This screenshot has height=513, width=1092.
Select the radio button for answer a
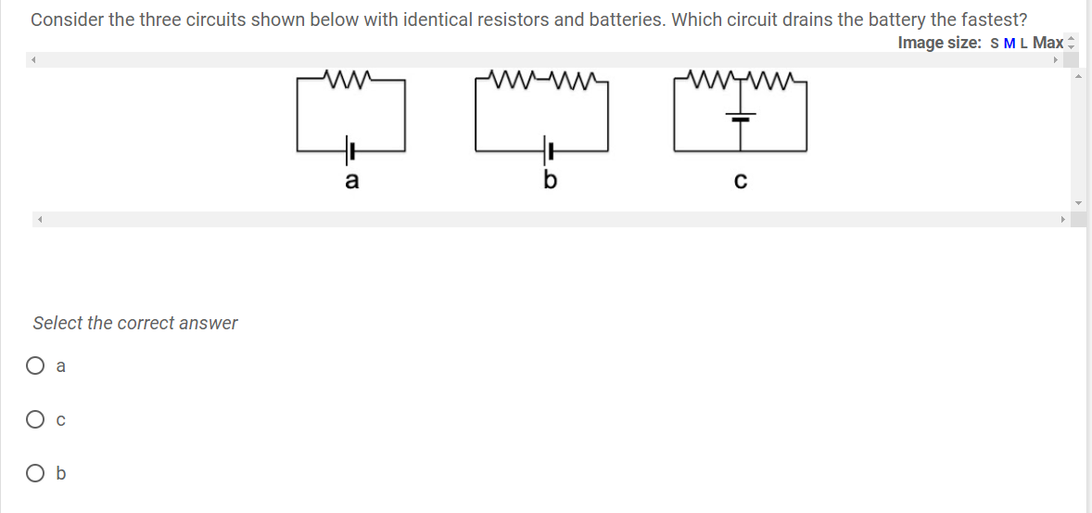coord(35,366)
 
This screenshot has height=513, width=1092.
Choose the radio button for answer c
coord(35,419)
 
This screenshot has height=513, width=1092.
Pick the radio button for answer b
coord(35,473)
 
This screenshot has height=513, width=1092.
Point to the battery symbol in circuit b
coord(548,148)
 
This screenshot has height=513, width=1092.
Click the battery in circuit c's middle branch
coord(740,118)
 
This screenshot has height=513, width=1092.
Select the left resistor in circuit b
coord(514,78)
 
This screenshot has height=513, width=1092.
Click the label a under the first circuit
coord(351,181)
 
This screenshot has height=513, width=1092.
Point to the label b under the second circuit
coord(548,181)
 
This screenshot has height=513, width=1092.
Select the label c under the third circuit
coord(740,182)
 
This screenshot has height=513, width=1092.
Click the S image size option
coord(995,43)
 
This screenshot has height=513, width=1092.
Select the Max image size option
coord(1048,43)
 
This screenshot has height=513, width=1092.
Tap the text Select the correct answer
coord(135,323)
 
